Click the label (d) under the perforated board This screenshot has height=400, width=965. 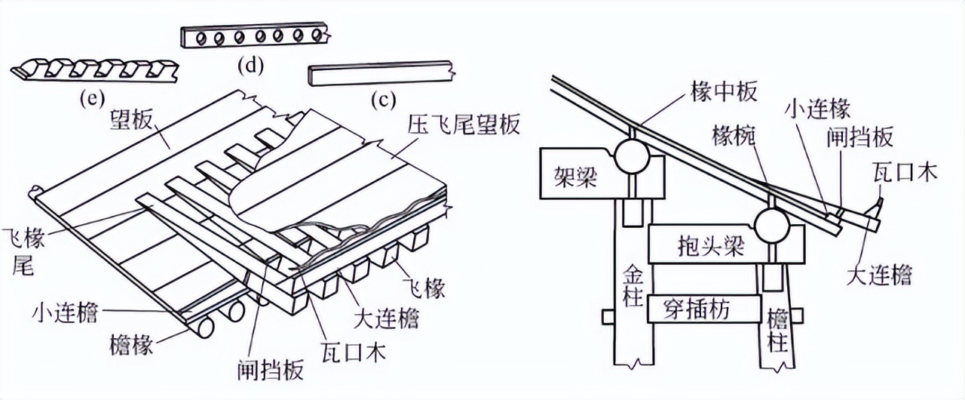tap(250, 66)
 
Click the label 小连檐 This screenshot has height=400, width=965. tap(65, 312)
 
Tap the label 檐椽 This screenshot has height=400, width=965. tap(129, 345)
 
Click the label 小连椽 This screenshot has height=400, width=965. tap(817, 109)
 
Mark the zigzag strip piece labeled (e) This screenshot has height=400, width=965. tap(95, 70)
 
